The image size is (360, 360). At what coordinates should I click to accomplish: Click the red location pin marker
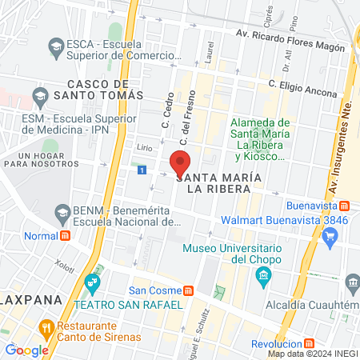(181, 161)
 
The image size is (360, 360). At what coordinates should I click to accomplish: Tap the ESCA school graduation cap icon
(55, 46)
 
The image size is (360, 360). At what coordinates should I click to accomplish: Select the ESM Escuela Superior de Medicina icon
(39, 98)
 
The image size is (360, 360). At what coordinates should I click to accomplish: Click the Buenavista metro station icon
(343, 206)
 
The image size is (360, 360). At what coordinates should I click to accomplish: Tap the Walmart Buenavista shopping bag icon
(336, 236)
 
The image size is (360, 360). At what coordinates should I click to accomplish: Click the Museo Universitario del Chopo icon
(263, 277)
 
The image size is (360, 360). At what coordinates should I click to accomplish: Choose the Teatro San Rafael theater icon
(93, 283)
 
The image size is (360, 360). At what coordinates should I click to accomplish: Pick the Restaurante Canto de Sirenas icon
(46, 327)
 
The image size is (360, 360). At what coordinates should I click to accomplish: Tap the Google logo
(26, 350)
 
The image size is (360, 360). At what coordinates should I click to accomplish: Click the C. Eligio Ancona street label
(302, 88)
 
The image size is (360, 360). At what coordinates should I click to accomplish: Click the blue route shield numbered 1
(142, 170)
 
